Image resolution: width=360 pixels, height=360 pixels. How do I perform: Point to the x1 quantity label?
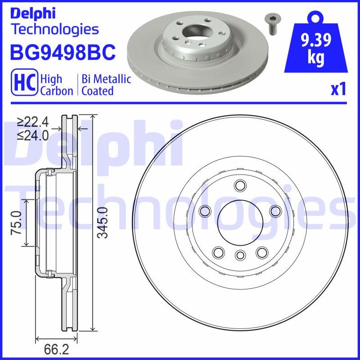tap(338, 90)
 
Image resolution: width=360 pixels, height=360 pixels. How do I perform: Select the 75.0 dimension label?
tap(16, 222)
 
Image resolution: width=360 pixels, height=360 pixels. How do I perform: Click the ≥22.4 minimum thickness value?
tap(33, 122)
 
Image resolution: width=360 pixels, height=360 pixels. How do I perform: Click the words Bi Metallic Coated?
tap(106, 85)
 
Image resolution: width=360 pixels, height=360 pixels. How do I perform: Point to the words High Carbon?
tap(57, 85)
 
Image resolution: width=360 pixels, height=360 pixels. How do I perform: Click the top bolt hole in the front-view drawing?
tap(239, 185)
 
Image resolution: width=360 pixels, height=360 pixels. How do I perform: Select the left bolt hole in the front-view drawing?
tap(205, 211)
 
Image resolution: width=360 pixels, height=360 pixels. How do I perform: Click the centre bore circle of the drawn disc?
tap(239, 221)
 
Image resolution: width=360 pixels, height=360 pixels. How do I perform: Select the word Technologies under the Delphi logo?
tap(54, 30)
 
